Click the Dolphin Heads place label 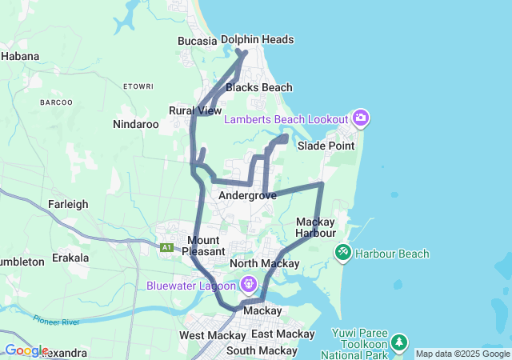257,39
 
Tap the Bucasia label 197,41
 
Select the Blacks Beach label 258,87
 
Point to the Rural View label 195,110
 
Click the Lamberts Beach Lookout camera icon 361,119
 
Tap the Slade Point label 326,146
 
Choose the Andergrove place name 247,195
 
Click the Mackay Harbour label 315,227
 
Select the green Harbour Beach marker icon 342,254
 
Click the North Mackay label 264,263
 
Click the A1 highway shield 167,248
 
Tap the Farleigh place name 68,204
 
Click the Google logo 26,350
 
